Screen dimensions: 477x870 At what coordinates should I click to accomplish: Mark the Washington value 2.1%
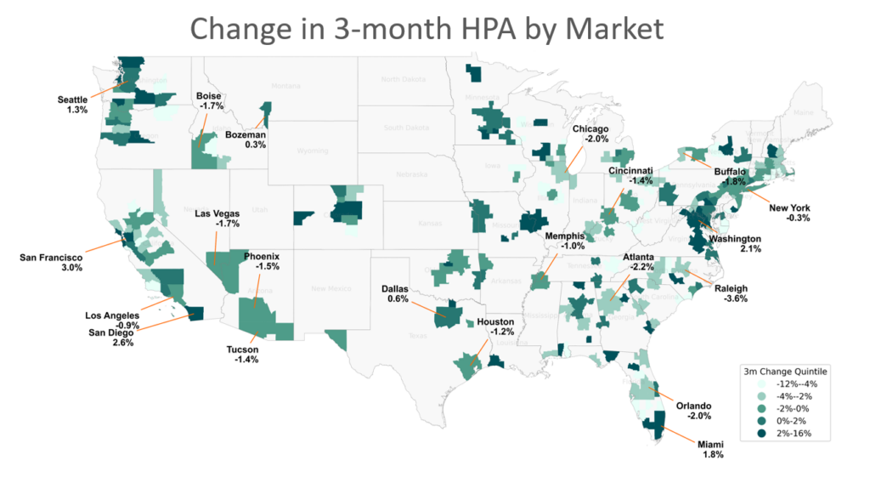(x=751, y=249)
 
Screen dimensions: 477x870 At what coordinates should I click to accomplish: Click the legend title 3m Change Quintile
(x=785, y=371)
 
